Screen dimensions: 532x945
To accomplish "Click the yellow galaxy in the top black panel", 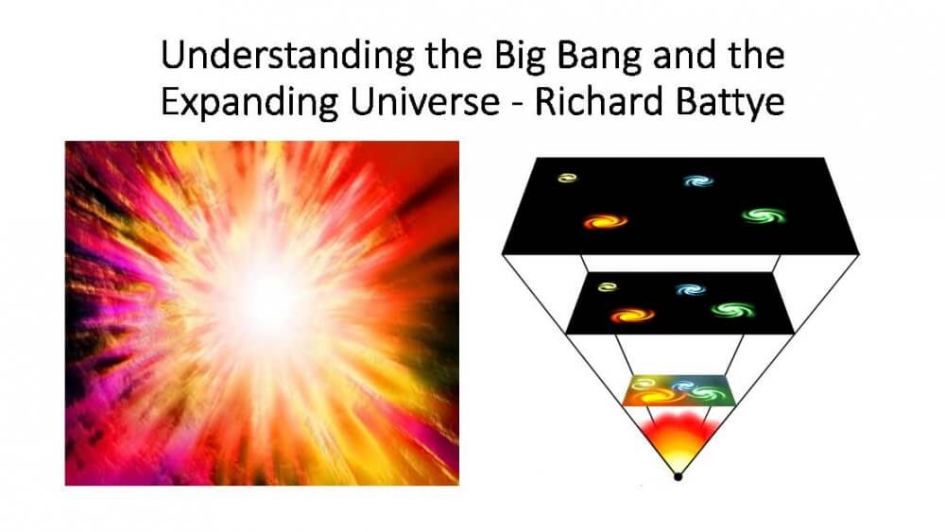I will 567,177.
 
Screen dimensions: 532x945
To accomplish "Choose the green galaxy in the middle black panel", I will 728,310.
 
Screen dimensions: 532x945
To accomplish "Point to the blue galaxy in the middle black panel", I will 691,289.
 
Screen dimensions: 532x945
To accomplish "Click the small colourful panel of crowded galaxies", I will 679,389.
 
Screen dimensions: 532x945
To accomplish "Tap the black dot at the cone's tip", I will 678,478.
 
